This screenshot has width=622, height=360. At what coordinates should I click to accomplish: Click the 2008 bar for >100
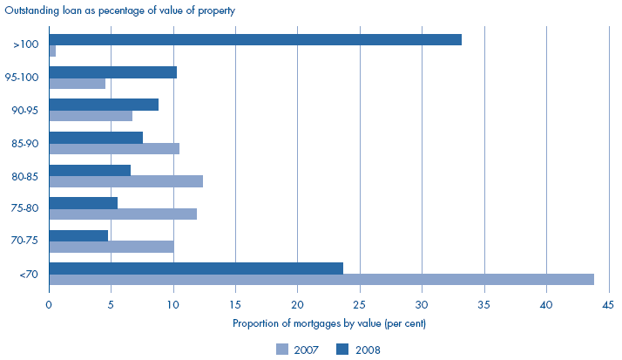(x=255, y=39)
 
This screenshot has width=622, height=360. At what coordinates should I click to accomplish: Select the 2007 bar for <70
(x=321, y=279)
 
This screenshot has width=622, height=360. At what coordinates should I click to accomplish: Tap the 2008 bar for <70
(x=196, y=268)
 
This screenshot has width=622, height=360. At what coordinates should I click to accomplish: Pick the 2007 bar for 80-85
(x=126, y=181)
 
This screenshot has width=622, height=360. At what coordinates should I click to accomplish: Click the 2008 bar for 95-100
(x=113, y=72)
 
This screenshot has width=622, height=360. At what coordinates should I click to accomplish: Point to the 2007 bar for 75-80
(x=123, y=214)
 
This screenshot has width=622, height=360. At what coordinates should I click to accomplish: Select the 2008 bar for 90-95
(x=104, y=105)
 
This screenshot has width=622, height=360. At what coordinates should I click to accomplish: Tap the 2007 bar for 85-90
(x=114, y=148)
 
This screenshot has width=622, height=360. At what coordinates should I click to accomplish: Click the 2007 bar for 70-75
(x=112, y=247)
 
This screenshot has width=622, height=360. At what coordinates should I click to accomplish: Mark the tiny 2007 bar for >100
(x=52, y=51)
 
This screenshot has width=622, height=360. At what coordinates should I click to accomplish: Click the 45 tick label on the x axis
(x=608, y=305)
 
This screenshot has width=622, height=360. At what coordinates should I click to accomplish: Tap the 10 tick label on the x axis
(x=173, y=305)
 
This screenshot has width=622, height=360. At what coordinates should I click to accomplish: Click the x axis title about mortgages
(x=328, y=323)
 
